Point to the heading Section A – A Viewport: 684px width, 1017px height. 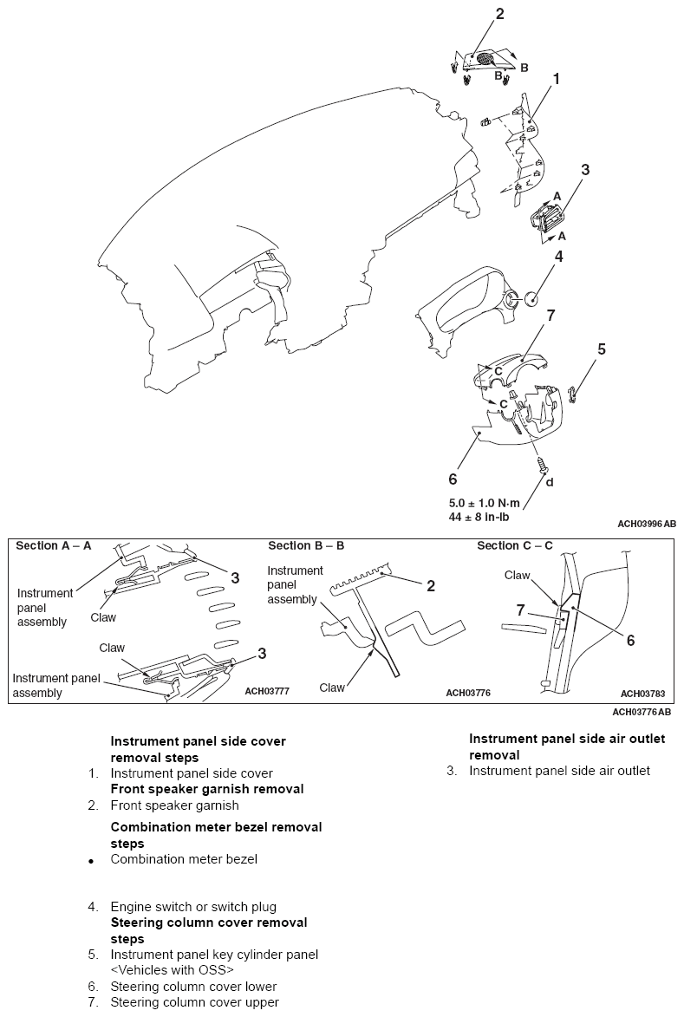[x=54, y=545]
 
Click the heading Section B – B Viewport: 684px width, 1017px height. [x=306, y=545]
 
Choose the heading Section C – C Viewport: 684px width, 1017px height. [x=515, y=545]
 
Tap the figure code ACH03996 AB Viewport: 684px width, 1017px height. [x=647, y=525]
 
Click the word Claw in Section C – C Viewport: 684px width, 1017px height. [x=517, y=575]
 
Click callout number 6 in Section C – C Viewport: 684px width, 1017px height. [x=630, y=640]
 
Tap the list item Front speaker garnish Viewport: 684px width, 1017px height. [x=174, y=805]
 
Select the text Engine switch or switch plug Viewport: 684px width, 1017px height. [x=193, y=907]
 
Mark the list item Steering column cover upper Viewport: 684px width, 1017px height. [x=194, y=1002]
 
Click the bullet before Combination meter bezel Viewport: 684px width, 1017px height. [x=91, y=862]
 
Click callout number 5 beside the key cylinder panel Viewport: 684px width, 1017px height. [x=601, y=349]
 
